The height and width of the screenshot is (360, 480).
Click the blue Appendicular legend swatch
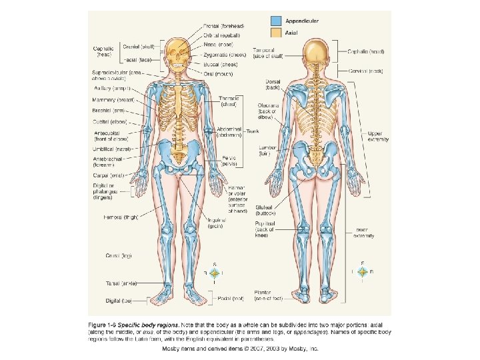(276, 21)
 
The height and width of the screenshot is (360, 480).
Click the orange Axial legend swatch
(276, 31)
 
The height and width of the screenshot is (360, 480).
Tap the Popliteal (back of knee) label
(268, 231)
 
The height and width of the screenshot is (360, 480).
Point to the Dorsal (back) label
(271, 85)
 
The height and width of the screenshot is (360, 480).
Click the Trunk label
(253, 131)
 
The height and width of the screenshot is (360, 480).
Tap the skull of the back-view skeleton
(315, 49)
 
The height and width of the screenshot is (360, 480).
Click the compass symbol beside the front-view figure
(214, 273)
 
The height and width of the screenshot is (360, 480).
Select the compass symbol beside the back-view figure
(362, 272)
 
